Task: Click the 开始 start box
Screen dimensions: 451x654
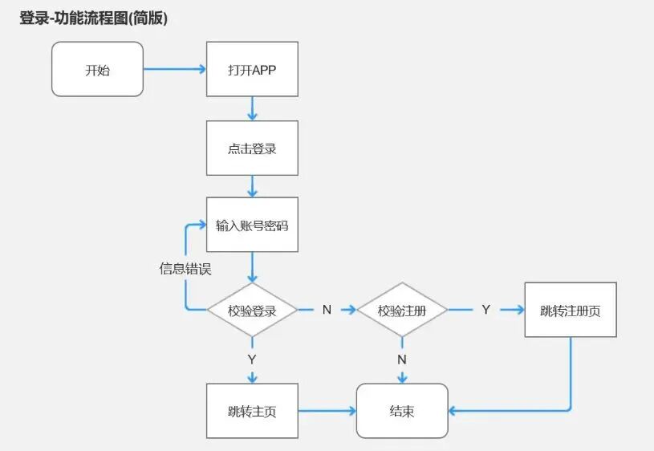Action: coord(97,69)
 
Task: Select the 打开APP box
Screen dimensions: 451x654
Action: coord(252,69)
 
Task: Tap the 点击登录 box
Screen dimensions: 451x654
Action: coord(252,148)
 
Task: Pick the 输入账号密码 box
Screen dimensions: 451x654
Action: coord(252,225)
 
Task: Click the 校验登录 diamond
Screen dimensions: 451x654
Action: coord(252,310)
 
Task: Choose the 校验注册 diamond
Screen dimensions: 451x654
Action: coord(401,310)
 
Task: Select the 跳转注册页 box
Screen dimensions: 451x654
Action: coord(571,310)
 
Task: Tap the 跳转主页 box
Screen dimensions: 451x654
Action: coord(252,411)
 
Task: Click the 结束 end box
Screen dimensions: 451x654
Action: coord(402,411)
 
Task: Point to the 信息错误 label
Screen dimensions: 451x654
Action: coord(185,269)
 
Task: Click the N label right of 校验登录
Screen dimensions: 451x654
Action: coord(327,310)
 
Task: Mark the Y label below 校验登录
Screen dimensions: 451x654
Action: coord(252,359)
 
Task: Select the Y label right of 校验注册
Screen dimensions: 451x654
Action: coord(485,310)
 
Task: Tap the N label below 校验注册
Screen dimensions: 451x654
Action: coord(402,359)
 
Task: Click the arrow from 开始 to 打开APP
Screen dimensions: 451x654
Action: coord(175,69)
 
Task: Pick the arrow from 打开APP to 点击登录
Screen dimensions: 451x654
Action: coord(252,108)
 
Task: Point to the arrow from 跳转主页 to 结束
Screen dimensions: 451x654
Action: coord(327,411)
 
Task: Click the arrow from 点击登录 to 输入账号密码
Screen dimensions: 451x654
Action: coord(252,186)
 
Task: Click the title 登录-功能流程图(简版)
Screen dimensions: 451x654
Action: coord(94,18)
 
